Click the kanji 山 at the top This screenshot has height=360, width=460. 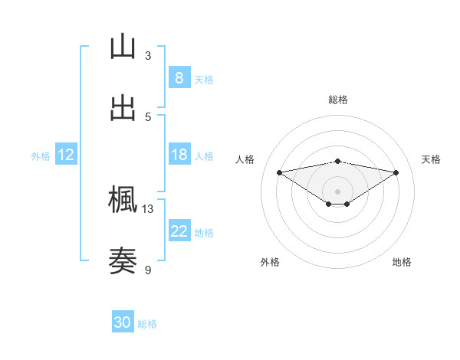[x=123, y=47]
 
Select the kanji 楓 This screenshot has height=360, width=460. [x=123, y=200]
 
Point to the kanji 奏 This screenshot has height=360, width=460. [x=123, y=261]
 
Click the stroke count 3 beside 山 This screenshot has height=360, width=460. [x=148, y=55]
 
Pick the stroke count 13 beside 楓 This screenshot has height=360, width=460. [x=148, y=208]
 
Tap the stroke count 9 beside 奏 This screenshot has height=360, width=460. [x=148, y=270]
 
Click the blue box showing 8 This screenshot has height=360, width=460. [x=179, y=78]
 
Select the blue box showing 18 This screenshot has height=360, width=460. [x=179, y=155]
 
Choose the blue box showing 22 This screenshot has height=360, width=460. [x=179, y=231]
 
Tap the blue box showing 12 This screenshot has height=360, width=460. [x=66, y=155]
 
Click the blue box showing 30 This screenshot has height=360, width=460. [x=123, y=322]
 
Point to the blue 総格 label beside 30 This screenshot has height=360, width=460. [x=147, y=324]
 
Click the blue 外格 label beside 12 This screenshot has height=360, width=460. [x=41, y=156]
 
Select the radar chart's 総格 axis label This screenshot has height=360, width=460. [x=338, y=100]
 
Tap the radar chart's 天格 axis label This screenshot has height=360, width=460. [x=432, y=159]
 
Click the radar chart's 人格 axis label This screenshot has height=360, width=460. [x=245, y=159]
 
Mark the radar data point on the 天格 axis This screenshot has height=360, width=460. [x=396, y=172]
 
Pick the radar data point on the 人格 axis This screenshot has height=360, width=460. [x=280, y=172]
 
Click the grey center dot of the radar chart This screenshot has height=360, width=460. [x=338, y=191]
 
